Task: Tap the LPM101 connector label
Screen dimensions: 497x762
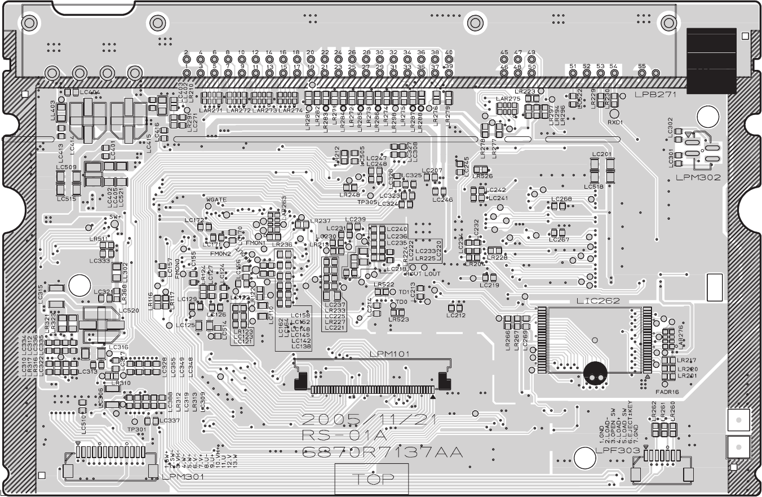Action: (x=389, y=354)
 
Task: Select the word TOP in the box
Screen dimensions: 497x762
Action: (x=372, y=480)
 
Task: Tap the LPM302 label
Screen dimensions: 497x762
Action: (x=698, y=177)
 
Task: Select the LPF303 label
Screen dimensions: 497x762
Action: (x=617, y=451)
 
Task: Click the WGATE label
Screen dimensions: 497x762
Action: (x=216, y=200)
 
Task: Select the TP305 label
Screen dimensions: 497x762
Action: (x=367, y=202)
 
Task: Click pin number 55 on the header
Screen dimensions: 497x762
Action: (x=641, y=66)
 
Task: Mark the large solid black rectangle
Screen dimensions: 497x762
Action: (x=711, y=60)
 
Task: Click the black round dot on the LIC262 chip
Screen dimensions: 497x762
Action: (x=596, y=373)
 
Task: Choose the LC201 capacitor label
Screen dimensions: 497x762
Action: (x=601, y=154)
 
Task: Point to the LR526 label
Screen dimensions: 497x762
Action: (x=482, y=176)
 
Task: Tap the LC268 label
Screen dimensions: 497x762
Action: (x=561, y=199)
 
